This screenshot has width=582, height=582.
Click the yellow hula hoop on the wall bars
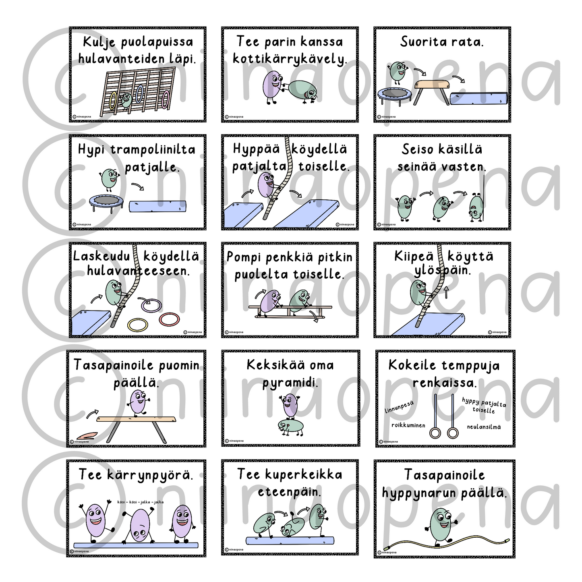113,101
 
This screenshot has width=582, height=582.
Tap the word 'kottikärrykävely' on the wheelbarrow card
290,59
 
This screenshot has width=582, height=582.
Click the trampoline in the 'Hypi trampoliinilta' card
106,203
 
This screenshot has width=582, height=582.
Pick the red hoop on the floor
170,319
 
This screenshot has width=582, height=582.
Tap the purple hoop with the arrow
151,305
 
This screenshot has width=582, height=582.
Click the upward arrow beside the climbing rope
446,292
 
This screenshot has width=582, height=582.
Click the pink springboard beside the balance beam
87,435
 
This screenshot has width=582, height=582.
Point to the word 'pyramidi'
290,383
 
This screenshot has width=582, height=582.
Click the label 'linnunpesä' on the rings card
399,407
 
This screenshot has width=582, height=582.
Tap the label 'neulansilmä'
484,427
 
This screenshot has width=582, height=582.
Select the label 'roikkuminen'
408,425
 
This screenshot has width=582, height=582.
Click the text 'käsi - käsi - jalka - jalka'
141,502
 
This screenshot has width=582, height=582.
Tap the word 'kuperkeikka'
304,474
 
